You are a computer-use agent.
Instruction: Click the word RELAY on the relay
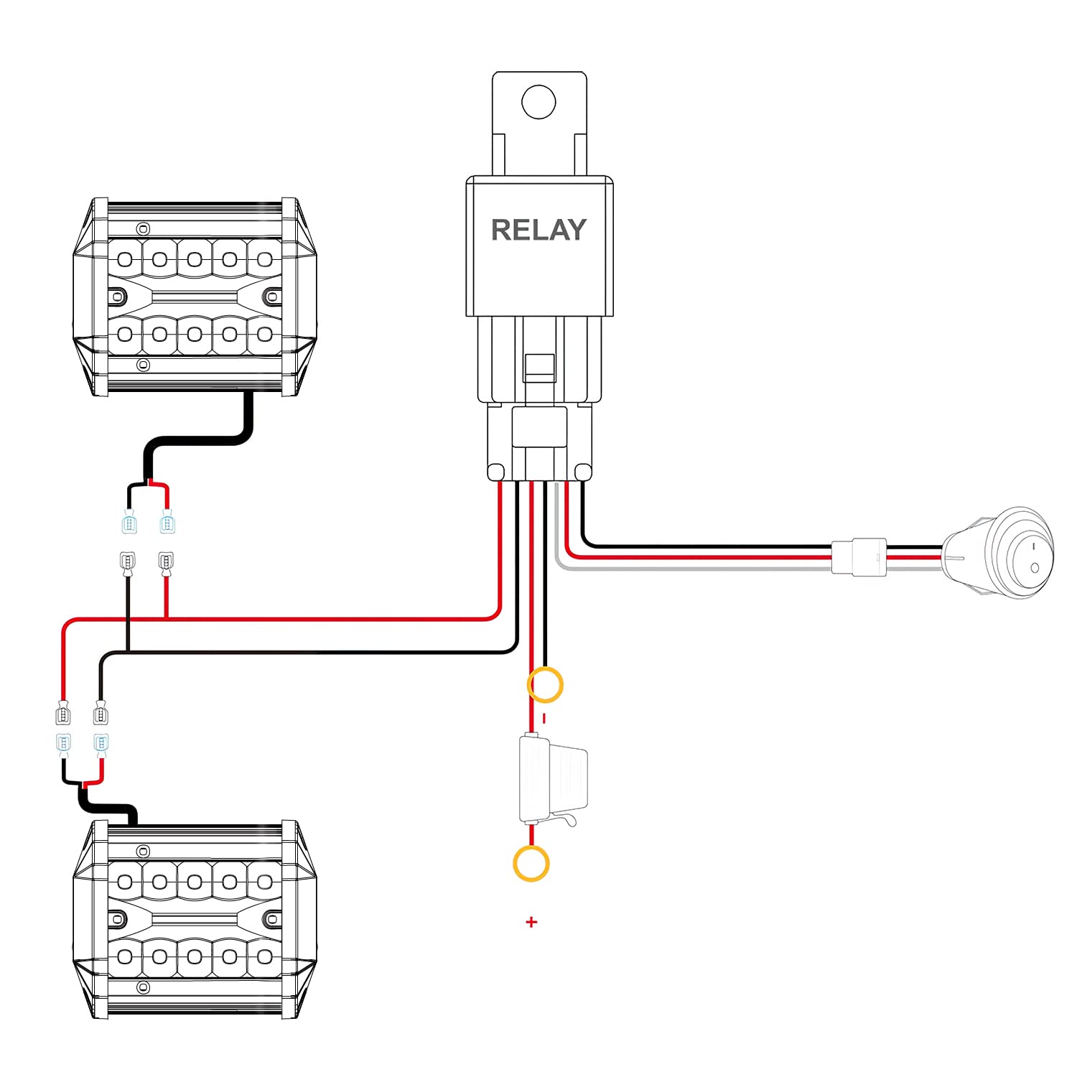[x=538, y=230]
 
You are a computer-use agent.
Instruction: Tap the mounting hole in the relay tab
[x=538, y=101]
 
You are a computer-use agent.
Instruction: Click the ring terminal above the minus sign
[x=545, y=684]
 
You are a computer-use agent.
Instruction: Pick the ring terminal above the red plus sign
[x=531, y=863]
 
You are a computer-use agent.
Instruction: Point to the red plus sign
[x=531, y=922]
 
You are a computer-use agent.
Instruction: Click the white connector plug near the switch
[x=859, y=556]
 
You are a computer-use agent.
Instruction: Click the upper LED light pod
[x=195, y=297]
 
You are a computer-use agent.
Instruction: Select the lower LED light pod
[x=195, y=919]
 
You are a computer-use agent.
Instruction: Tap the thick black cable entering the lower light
[x=108, y=808]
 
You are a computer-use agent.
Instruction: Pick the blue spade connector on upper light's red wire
[x=167, y=522]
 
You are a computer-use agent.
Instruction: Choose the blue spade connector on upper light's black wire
[x=129, y=522]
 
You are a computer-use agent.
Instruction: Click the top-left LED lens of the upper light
[x=125, y=258]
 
